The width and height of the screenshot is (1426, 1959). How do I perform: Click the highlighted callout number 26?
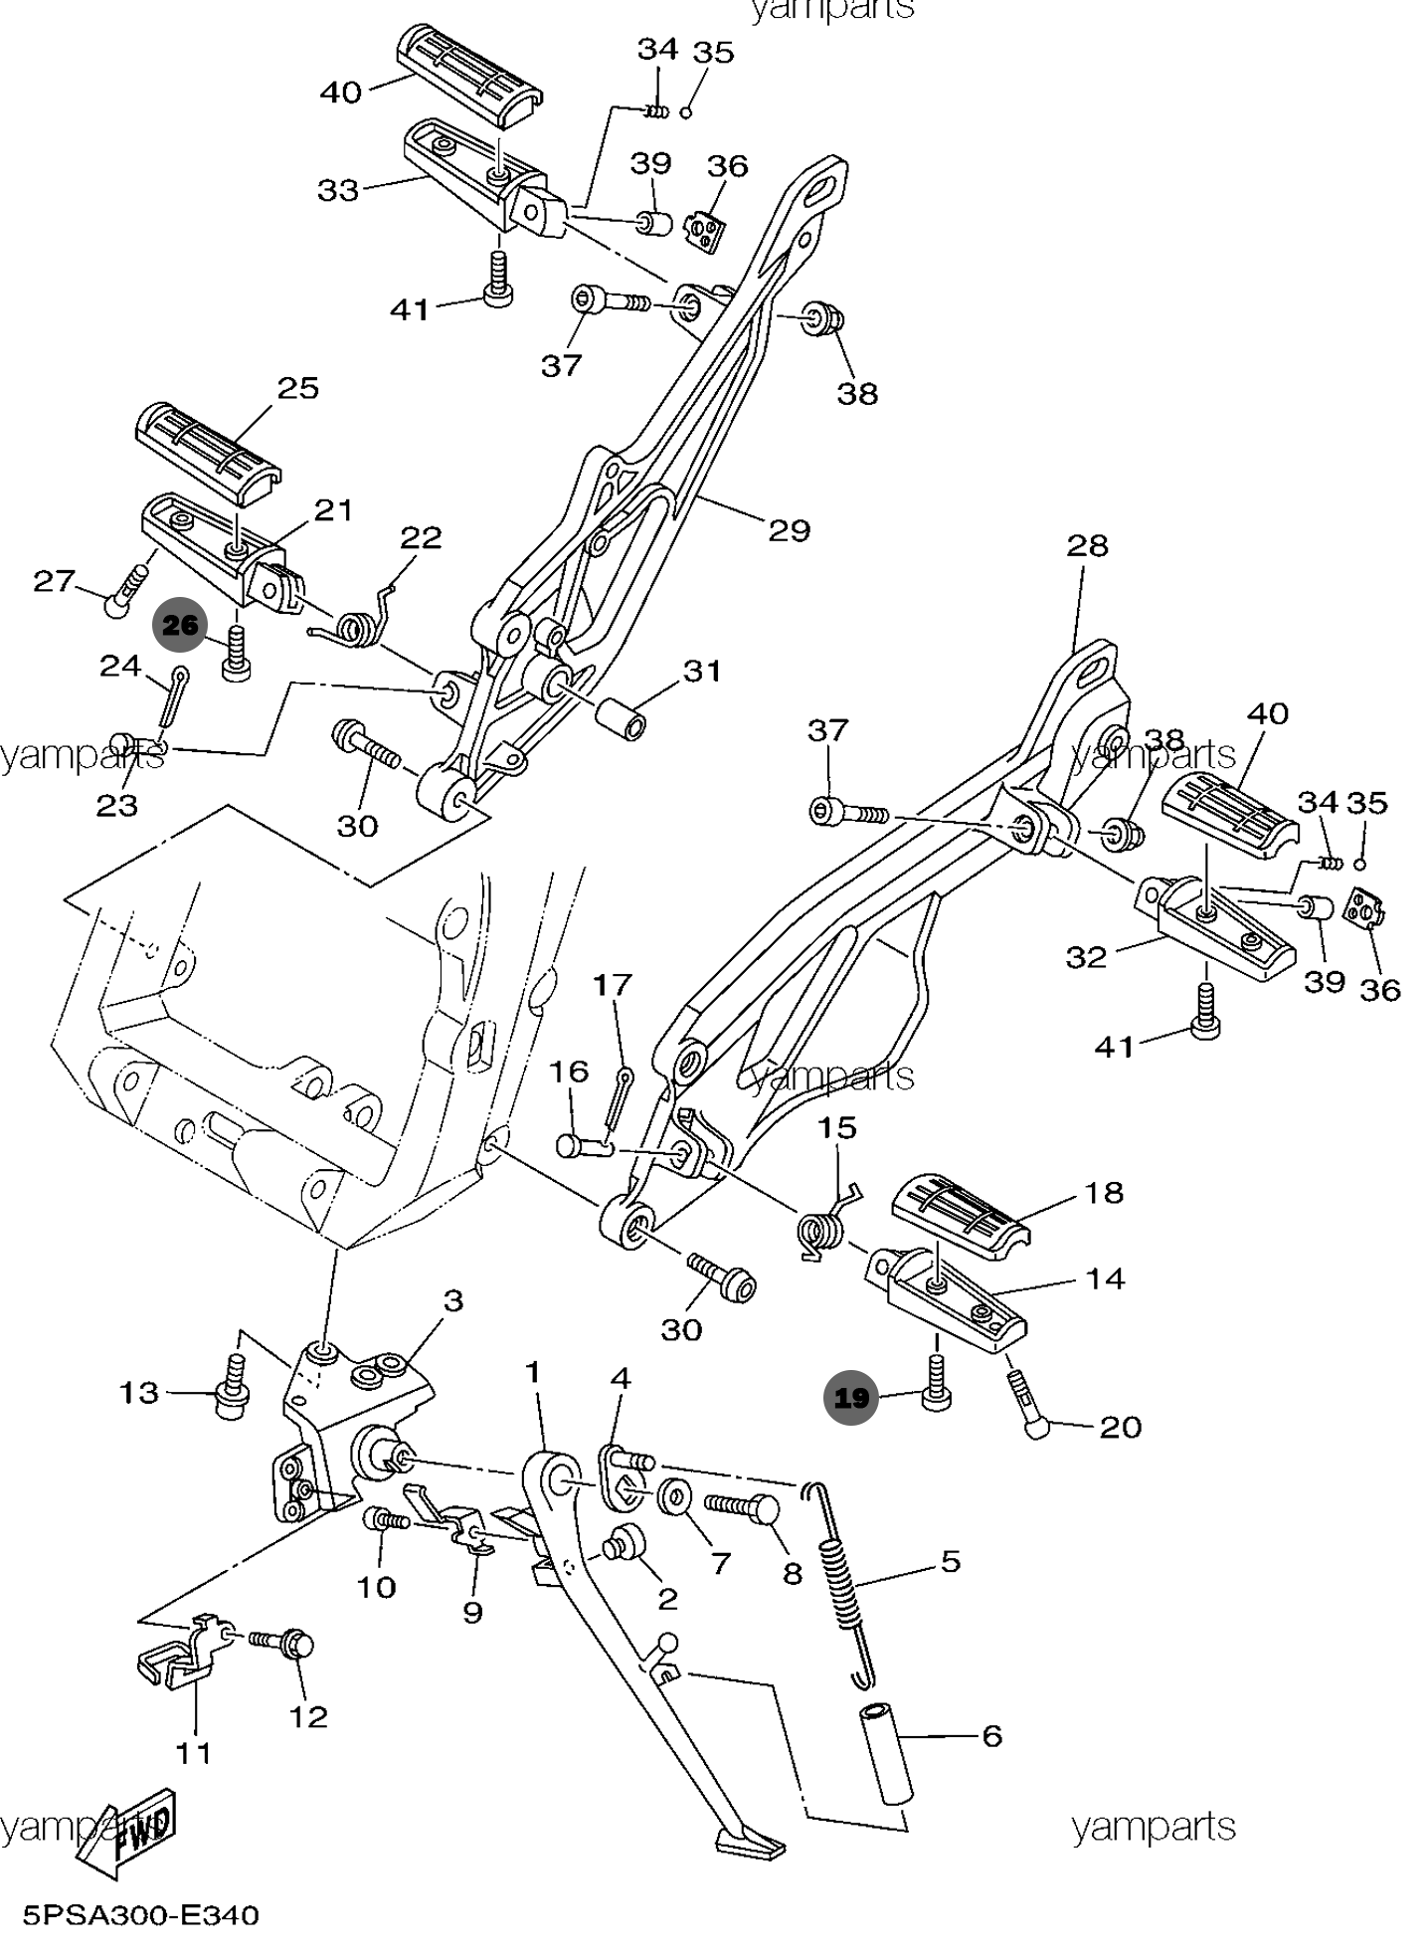180,626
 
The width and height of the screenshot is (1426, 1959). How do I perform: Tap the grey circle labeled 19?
851,1398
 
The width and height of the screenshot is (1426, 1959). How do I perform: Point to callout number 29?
789,530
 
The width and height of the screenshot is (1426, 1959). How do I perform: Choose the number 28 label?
1087,545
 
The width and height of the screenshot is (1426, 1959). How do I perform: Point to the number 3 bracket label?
453,1300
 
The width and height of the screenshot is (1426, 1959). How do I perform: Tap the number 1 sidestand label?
533,1372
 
